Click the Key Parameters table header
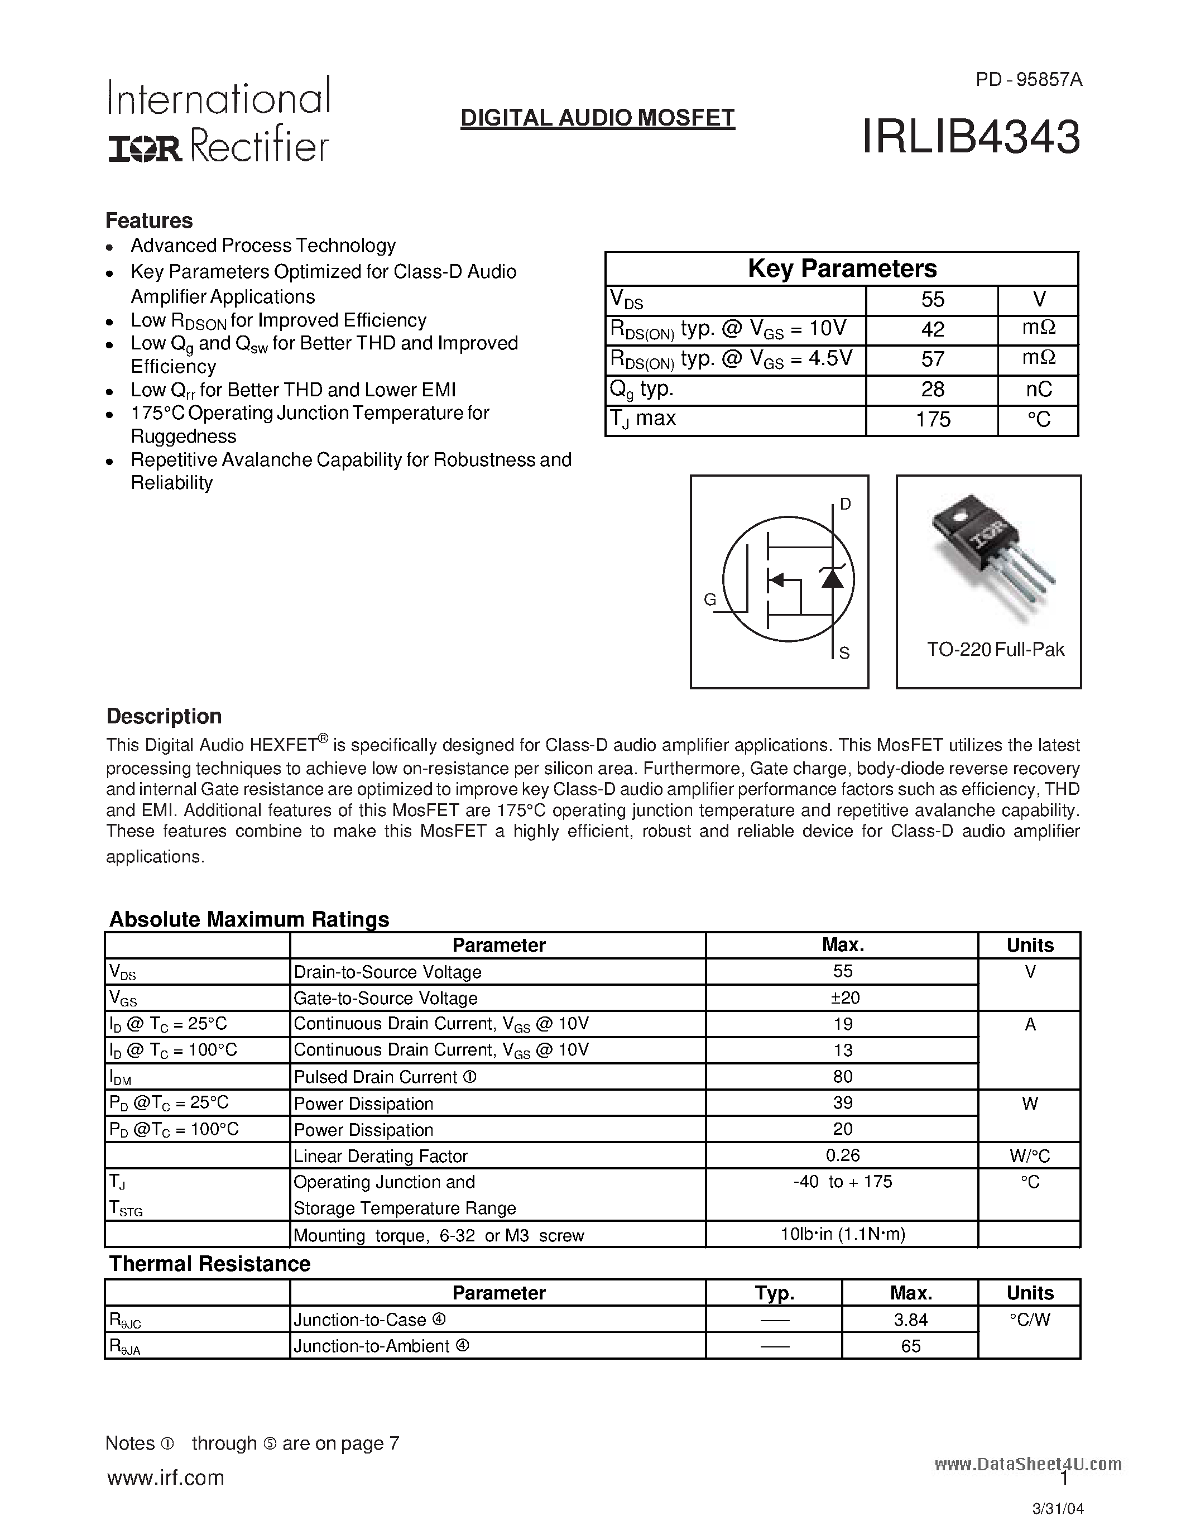coord(841,268)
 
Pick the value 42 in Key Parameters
coord(933,329)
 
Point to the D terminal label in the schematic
coord(845,504)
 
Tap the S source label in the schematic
coord(844,653)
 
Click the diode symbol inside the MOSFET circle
coord(833,578)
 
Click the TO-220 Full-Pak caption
coord(995,649)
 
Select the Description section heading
coord(164,716)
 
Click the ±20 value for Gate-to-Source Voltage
coord(842,998)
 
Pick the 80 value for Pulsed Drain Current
coord(842,1077)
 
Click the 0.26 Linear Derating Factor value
coord(842,1155)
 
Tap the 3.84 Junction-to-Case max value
coord(911,1320)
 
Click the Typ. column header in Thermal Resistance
coord(774,1293)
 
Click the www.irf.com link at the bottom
coord(165,1478)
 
